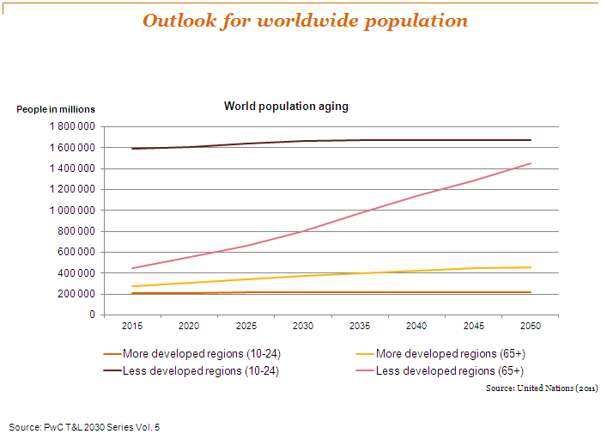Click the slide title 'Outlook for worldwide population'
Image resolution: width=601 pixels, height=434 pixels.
(x=305, y=21)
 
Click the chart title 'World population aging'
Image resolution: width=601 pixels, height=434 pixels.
(x=286, y=107)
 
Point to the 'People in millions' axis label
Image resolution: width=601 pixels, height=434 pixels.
(x=56, y=109)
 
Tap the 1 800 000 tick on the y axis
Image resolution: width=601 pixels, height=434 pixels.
(x=70, y=126)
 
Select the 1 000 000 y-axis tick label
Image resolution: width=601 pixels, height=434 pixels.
(x=70, y=210)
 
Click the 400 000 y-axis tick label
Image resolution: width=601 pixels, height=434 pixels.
(x=76, y=273)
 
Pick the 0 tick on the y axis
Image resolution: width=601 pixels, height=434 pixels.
(x=90, y=315)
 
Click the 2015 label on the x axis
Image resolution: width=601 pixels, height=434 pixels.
(x=132, y=327)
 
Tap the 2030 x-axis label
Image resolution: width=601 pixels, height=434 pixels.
(x=303, y=327)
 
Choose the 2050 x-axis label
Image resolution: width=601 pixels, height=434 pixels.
(x=531, y=327)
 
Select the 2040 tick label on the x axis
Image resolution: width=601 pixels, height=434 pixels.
(x=417, y=327)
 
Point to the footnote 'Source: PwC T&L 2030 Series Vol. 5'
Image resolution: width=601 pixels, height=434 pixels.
(x=84, y=426)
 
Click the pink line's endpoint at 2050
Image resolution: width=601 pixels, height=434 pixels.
(x=531, y=163)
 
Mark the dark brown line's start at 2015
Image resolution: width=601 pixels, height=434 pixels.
(x=132, y=149)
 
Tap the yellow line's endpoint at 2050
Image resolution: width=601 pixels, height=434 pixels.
(x=531, y=267)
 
